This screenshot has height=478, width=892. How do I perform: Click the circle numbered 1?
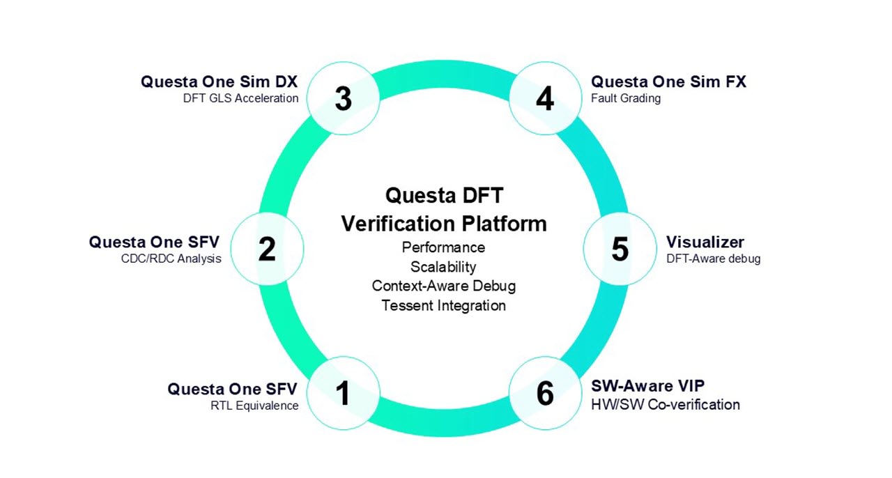(x=343, y=393)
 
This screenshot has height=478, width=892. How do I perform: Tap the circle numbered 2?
(x=267, y=249)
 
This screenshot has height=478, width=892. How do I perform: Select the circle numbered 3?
(x=343, y=98)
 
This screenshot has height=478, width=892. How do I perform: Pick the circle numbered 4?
(x=545, y=98)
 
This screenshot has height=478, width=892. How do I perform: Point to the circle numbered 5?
(x=620, y=249)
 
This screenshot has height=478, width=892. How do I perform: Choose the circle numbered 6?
(x=545, y=393)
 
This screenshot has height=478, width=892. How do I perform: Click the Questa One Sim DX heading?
(x=220, y=82)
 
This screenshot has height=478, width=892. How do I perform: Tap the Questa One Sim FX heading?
(x=668, y=82)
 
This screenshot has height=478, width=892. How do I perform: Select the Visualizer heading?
(x=705, y=242)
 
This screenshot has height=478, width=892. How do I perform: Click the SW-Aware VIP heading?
(x=648, y=386)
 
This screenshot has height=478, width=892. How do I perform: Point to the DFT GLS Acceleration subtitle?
(x=240, y=98)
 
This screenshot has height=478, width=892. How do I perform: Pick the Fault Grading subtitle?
(x=626, y=98)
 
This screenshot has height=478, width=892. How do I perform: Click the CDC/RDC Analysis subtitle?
(x=171, y=259)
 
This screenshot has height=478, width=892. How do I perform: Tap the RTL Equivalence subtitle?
(x=254, y=406)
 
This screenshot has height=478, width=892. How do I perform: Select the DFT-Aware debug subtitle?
(x=713, y=259)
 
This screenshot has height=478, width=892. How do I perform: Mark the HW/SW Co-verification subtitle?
(x=666, y=405)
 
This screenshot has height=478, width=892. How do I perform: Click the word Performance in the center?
(x=443, y=247)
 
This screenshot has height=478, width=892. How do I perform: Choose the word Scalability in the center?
(x=443, y=267)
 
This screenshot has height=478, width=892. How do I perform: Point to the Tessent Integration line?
(x=443, y=305)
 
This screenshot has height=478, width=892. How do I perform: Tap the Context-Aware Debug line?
(x=443, y=286)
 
